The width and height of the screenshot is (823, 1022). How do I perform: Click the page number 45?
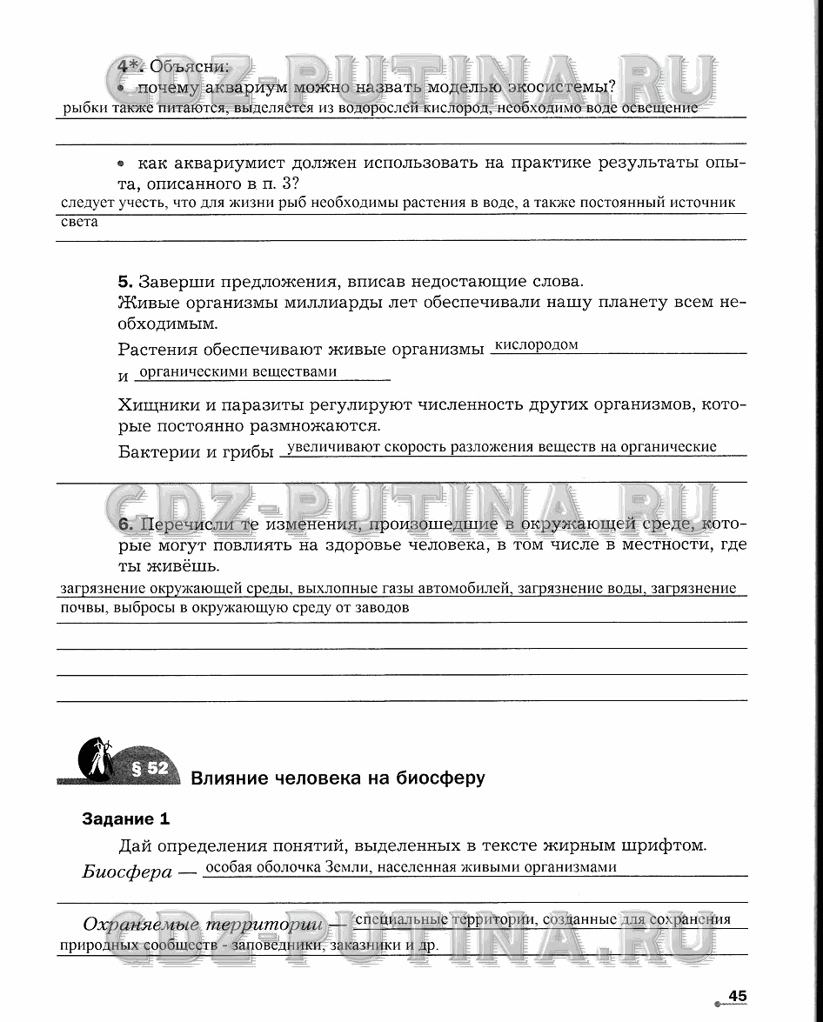[x=738, y=996]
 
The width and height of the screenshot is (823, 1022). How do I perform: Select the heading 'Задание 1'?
[x=125, y=818]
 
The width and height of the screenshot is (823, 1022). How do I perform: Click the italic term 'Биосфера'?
[x=127, y=872]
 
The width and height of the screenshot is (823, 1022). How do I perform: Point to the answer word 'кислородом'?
[x=536, y=344]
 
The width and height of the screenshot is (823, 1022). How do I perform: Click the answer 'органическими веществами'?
[x=238, y=371]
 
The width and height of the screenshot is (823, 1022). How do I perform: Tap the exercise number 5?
[x=124, y=282]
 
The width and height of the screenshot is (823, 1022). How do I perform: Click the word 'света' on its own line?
[x=79, y=221]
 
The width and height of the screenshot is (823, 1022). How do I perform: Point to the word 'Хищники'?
[x=153, y=405]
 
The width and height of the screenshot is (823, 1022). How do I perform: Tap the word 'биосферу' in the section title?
[x=437, y=777]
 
